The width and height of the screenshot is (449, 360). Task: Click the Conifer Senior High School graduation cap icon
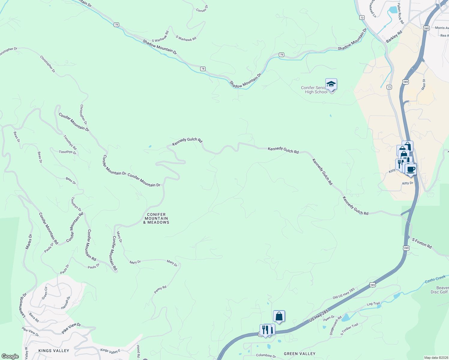click(x=331, y=84)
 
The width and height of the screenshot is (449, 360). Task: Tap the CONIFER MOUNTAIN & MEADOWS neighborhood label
click(x=156, y=218)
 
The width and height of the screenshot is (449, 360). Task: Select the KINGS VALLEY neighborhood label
click(x=54, y=351)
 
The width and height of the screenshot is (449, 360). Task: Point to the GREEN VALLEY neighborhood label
click(x=300, y=354)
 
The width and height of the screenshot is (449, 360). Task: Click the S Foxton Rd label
click(x=422, y=243)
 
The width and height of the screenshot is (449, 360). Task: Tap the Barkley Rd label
click(x=394, y=37)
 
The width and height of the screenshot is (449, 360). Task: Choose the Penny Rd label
click(x=160, y=289)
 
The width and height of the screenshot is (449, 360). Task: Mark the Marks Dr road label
click(x=29, y=241)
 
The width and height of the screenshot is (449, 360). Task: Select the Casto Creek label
click(x=435, y=280)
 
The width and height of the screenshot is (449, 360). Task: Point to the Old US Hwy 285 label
click(x=344, y=293)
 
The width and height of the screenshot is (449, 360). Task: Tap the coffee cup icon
click(x=411, y=169)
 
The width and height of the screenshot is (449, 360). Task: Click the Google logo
click(x=10, y=356)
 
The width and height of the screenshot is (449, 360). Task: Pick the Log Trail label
click(x=373, y=304)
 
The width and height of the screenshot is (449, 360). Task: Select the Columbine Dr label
click(x=266, y=355)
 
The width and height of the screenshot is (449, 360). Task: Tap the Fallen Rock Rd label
click(x=401, y=14)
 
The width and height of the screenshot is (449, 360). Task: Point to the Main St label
click(x=424, y=85)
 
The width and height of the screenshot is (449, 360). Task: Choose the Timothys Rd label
click(x=70, y=142)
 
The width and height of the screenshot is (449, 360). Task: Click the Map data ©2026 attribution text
click(x=436, y=358)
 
